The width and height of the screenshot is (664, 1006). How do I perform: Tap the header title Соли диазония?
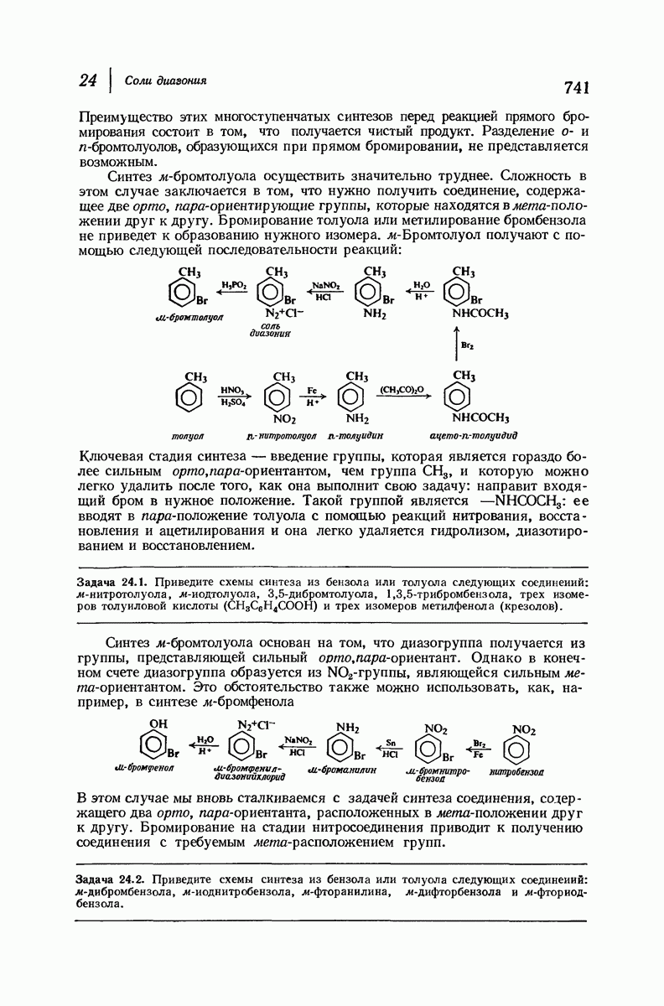pos(166,80)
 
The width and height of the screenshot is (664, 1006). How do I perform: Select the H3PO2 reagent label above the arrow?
pos(233,286)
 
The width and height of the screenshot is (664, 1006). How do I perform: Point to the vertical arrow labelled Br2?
pos(457,344)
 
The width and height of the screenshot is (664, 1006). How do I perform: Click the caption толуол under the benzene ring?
pos(188,435)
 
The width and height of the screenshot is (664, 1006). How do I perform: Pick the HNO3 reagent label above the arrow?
pos(231,390)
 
